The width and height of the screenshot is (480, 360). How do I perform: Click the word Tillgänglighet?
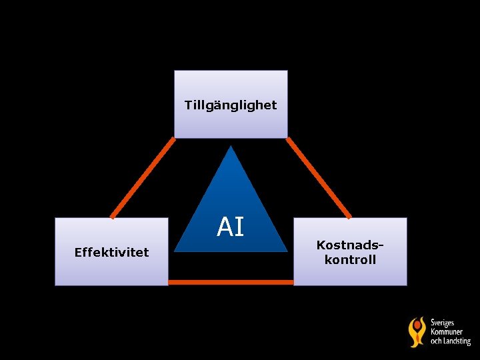click(231, 105)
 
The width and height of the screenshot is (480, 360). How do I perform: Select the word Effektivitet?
click(111, 252)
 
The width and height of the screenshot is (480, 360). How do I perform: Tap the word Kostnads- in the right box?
click(350, 245)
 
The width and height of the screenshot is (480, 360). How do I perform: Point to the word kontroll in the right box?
click(350, 259)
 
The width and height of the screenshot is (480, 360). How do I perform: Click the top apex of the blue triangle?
click(231, 147)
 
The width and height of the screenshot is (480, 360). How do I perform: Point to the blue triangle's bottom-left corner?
click(175, 251)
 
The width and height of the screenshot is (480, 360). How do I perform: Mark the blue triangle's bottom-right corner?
click(287, 251)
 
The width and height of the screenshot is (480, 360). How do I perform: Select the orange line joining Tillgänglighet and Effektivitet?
click(143, 178)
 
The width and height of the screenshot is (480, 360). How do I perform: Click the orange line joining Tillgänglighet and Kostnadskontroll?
click(319, 178)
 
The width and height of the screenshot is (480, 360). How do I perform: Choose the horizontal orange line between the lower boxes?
click(231, 282)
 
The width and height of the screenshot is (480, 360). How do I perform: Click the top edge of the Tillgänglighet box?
click(231, 71)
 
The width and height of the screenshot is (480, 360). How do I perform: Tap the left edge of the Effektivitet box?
click(55, 251)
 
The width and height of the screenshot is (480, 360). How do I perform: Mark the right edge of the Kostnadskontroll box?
click(406, 251)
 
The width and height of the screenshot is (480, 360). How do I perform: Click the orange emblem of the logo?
click(417, 331)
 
